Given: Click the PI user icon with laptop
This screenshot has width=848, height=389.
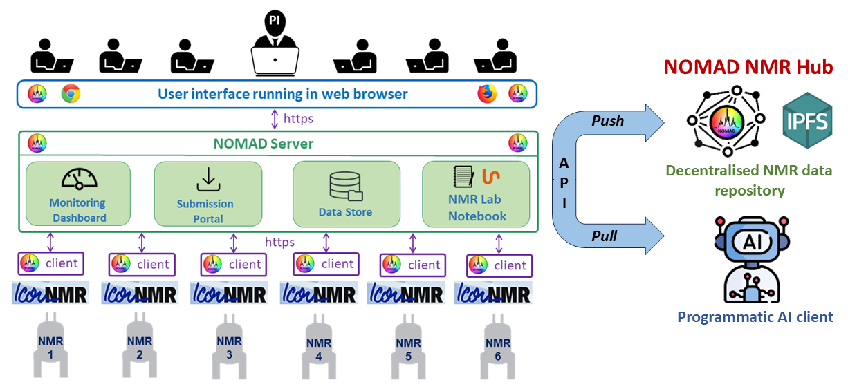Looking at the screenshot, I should (275, 44).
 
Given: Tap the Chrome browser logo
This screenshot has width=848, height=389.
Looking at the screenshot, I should (71, 94).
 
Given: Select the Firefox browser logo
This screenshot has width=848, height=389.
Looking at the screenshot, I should (487, 93).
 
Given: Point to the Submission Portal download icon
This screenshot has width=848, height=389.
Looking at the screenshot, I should (208, 180).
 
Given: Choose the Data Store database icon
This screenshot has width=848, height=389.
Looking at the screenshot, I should (345, 186).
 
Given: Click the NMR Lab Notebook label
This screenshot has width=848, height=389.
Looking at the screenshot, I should (477, 208).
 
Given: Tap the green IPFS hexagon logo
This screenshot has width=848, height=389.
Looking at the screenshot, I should (806, 119).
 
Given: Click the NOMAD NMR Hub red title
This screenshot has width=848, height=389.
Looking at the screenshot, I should (748, 68).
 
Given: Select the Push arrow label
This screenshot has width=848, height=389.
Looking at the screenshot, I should (607, 121).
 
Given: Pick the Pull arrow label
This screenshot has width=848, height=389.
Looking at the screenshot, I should (605, 236).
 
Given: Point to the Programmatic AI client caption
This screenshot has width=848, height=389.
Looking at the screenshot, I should (755, 317).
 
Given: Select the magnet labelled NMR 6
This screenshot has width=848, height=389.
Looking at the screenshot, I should (497, 345).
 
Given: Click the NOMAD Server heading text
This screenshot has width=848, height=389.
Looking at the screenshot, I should (264, 144).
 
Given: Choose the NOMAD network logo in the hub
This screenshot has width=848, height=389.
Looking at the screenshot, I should (726, 122).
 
